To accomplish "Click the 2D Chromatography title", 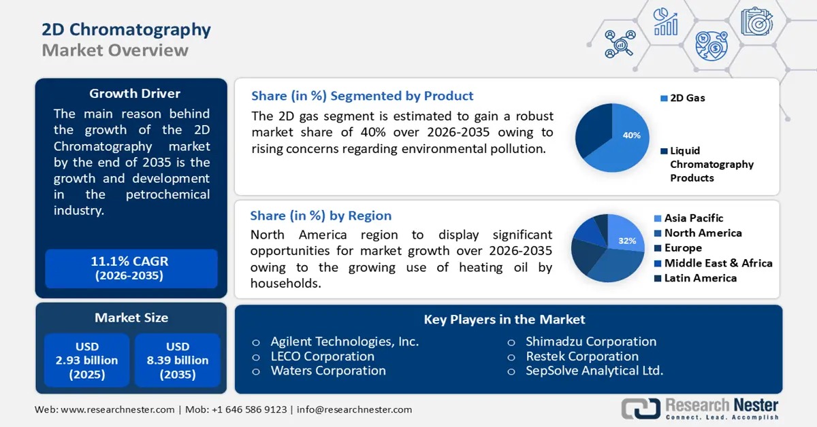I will point(126,30).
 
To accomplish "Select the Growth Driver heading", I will point(135,93).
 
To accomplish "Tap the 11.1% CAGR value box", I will point(130,268).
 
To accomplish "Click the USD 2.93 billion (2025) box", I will point(86,360).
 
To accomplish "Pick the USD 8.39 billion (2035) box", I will point(177,360).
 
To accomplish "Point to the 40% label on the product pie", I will point(631,135).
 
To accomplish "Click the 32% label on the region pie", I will point(627,241).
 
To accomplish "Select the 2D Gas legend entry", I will point(687,98).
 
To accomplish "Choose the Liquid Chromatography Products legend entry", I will point(711,164).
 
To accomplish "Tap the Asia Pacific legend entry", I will point(693,218).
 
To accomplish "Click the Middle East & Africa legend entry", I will point(718,263).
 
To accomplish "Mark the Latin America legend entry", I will point(700,278).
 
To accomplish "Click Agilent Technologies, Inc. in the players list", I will point(345,341).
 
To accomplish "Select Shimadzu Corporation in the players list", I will point(590,341).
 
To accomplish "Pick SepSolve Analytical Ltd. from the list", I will point(594,371).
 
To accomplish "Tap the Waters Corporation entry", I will point(327,371).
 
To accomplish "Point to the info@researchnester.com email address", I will point(354,409).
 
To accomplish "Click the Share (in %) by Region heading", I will point(321,216).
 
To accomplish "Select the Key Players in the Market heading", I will point(504,319).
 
